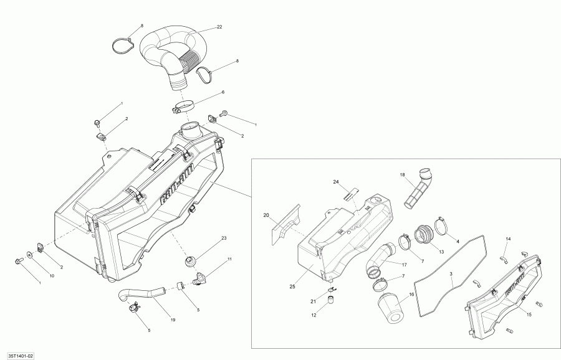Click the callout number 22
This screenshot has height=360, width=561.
219,27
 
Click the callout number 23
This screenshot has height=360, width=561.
224,239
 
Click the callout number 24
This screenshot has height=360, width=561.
335,182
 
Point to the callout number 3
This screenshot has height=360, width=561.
452,275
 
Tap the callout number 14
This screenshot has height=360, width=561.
508,239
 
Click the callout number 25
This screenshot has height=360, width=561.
292,288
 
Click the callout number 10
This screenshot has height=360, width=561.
52,275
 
